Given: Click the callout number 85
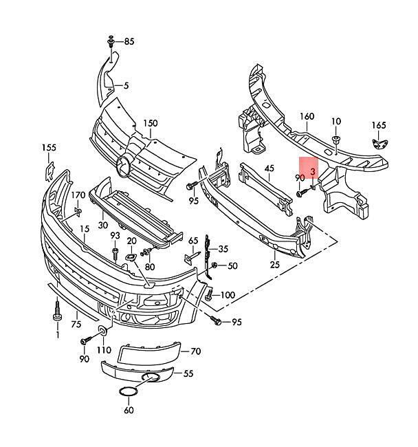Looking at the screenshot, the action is coord(129,42).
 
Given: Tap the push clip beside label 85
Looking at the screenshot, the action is coord(111,41).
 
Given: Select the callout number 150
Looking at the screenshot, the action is coord(150,123).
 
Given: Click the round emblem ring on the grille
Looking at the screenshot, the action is coord(123,167).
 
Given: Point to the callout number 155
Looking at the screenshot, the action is coord(49,148).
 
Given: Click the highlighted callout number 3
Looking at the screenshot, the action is coord(313,172).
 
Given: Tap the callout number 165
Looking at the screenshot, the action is coord(379,125).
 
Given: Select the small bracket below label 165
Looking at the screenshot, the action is coord(380,144).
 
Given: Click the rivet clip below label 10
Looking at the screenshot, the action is coord(336,140).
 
